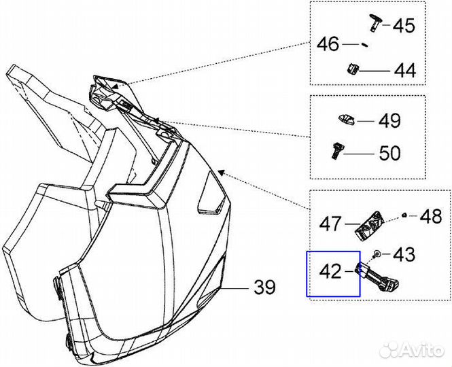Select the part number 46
click(328, 45)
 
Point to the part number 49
click(389, 122)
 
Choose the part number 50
click(389, 153)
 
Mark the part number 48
click(430, 217)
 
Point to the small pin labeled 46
click(364, 46)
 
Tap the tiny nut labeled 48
click(404, 215)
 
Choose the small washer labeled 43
click(376, 254)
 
